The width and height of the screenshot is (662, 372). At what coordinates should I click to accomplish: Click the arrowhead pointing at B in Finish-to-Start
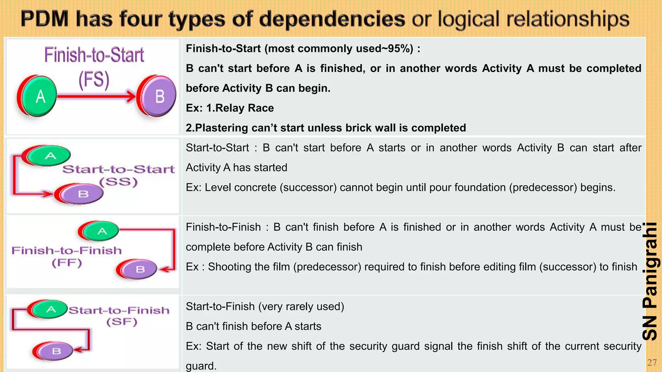tap(131, 96)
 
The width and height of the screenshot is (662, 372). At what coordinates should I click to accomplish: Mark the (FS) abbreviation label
tap(94, 80)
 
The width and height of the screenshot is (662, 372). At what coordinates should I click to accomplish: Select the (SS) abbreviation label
tap(119, 182)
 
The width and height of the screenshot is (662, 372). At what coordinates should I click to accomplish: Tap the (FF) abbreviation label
tap(67, 263)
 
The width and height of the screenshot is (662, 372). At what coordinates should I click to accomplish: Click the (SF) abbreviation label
tap(122, 322)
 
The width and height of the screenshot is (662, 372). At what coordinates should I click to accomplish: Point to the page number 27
tap(652, 363)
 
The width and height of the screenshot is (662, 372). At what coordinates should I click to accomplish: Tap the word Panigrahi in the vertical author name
tap(650, 265)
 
